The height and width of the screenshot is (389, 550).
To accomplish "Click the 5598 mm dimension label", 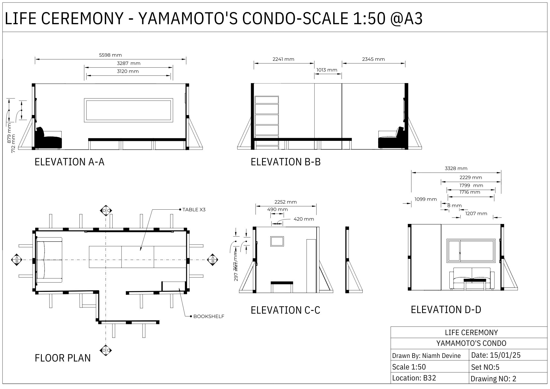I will [x=110, y=55].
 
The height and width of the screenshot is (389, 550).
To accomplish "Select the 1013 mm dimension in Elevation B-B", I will [x=327, y=70].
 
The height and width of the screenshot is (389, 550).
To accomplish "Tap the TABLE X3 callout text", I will [x=194, y=210].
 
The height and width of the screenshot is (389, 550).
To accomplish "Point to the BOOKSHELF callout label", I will [x=209, y=316].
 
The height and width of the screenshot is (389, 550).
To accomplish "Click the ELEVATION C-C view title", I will [x=285, y=310].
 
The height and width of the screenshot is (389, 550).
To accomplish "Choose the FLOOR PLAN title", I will [x=63, y=358].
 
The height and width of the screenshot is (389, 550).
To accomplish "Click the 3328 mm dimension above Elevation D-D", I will [x=456, y=168].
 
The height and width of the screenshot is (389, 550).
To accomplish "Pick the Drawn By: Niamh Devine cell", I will [x=426, y=355].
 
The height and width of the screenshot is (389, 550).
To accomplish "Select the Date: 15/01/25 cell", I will [x=496, y=355].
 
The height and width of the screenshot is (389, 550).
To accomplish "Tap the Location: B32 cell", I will [x=414, y=378].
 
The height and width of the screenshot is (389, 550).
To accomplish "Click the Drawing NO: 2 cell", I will [x=493, y=379].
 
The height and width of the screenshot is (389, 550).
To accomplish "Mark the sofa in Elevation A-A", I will [x=48, y=139].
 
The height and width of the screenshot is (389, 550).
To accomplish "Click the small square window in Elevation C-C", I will [x=277, y=241].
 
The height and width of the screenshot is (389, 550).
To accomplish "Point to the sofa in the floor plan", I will [x=49, y=260].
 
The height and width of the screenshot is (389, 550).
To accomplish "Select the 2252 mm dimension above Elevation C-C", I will [x=285, y=202].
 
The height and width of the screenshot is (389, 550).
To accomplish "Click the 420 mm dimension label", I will [x=304, y=219].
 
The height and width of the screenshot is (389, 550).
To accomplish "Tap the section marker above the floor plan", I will [x=106, y=211].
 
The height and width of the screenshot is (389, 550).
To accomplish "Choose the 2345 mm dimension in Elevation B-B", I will [x=373, y=59].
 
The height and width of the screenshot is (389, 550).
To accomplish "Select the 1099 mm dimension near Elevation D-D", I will [x=425, y=199].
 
